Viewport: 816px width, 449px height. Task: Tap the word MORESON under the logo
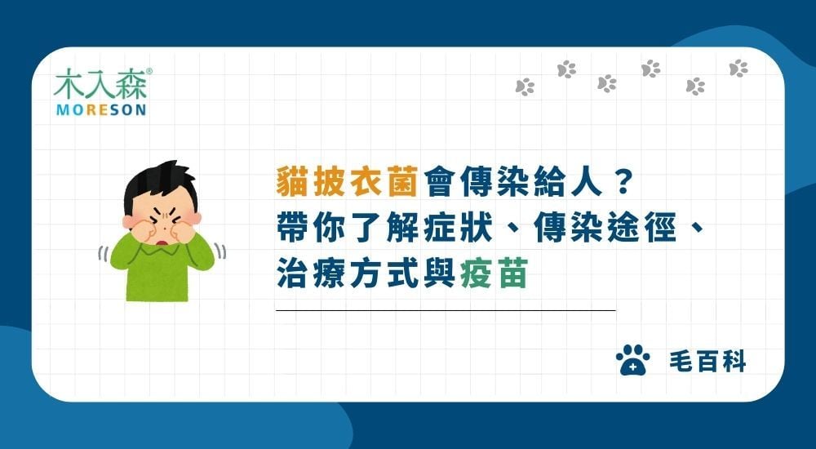tap(100, 109)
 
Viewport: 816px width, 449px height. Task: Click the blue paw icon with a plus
tap(634, 359)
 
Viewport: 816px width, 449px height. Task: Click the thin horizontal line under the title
tap(446, 310)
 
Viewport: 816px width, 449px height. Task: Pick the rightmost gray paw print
tap(738, 68)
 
